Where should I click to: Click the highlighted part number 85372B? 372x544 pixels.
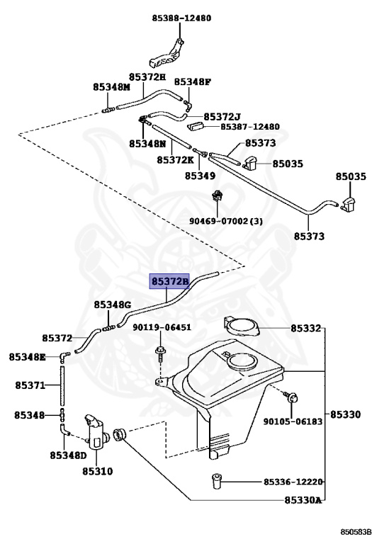pos(169,281)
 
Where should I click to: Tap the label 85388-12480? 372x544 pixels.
pos(181,18)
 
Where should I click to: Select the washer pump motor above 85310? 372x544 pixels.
pos(97,431)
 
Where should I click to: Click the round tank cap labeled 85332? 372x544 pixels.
pos(242,327)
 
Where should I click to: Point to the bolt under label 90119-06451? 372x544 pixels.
pos(160,353)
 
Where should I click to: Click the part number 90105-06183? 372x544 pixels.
pos(293,421)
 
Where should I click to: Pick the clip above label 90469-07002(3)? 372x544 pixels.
pos(218,196)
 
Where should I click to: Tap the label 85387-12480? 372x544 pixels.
pos(250,127)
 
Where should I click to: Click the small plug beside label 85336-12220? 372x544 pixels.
pos(216,481)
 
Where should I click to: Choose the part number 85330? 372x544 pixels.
pos(345,414)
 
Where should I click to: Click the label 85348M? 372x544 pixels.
pos(111,87)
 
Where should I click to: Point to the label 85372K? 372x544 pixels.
pos(175,160)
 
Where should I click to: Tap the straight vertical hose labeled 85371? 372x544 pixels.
pos(62,385)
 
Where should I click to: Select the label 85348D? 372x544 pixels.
pos(68,455)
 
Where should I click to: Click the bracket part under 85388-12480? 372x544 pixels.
pos(167,54)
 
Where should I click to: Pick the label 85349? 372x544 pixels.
pos(200,176)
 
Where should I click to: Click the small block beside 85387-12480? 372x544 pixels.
pos(195,126)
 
